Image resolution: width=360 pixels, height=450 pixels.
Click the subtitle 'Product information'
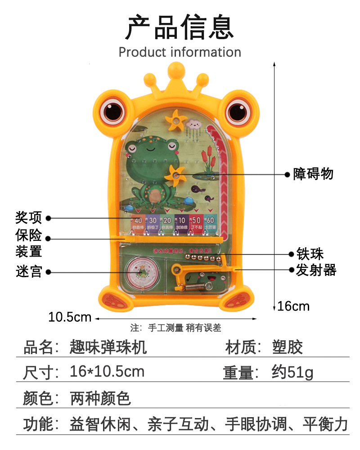pos(180,52)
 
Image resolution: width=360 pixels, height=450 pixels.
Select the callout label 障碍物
pos(314,174)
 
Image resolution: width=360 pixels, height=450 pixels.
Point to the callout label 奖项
pos(29,218)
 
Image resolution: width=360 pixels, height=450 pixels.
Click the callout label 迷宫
pos(29,272)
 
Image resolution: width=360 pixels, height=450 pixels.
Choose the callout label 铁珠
pos(310,254)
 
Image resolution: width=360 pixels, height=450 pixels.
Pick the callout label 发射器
pos(316,270)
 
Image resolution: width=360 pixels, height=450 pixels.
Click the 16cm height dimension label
pos(293,306)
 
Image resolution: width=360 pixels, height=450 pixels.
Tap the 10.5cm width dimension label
pos(70,317)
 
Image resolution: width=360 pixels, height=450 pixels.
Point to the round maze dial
pos(141,275)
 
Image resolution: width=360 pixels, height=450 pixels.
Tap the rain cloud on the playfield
pos(194,123)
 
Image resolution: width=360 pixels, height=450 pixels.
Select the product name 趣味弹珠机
pos(108,347)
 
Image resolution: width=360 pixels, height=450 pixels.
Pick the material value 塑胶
pos(288,347)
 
